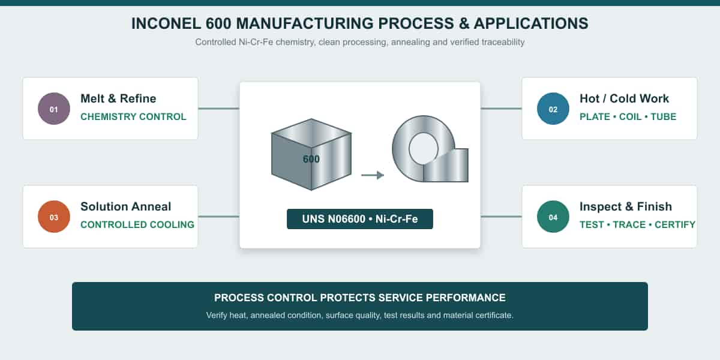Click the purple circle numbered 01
tap(54, 109)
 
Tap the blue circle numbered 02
tap(553, 109)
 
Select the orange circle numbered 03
tap(54, 217)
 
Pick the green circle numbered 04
tap(553, 217)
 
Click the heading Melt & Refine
tap(118, 98)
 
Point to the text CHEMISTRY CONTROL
tap(133, 116)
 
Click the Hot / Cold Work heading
tap(624, 98)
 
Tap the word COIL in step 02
tap(631, 116)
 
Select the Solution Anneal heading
tap(125, 206)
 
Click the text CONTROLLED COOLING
tap(137, 224)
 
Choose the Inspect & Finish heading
tap(625, 206)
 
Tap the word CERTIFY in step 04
tap(675, 224)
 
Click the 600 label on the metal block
tap(311, 159)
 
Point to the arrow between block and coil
tap(373, 175)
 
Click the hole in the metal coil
tap(424, 149)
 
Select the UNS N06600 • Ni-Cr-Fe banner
tap(359, 219)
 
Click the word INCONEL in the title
tap(166, 23)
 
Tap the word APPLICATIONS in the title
tap(531, 23)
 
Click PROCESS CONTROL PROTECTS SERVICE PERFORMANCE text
tap(359, 298)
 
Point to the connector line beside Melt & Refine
tap(219, 109)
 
